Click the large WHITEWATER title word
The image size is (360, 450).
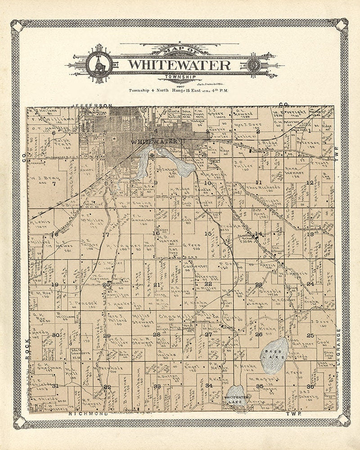[x=179, y=65]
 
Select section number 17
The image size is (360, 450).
[x=106, y=234]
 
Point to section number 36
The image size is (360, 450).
[x=310, y=387]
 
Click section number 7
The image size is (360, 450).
[x=54, y=183]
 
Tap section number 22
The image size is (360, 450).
[x=208, y=284]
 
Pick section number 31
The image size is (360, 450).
[x=55, y=386]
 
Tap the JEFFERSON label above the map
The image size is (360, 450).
[x=92, y=105]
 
